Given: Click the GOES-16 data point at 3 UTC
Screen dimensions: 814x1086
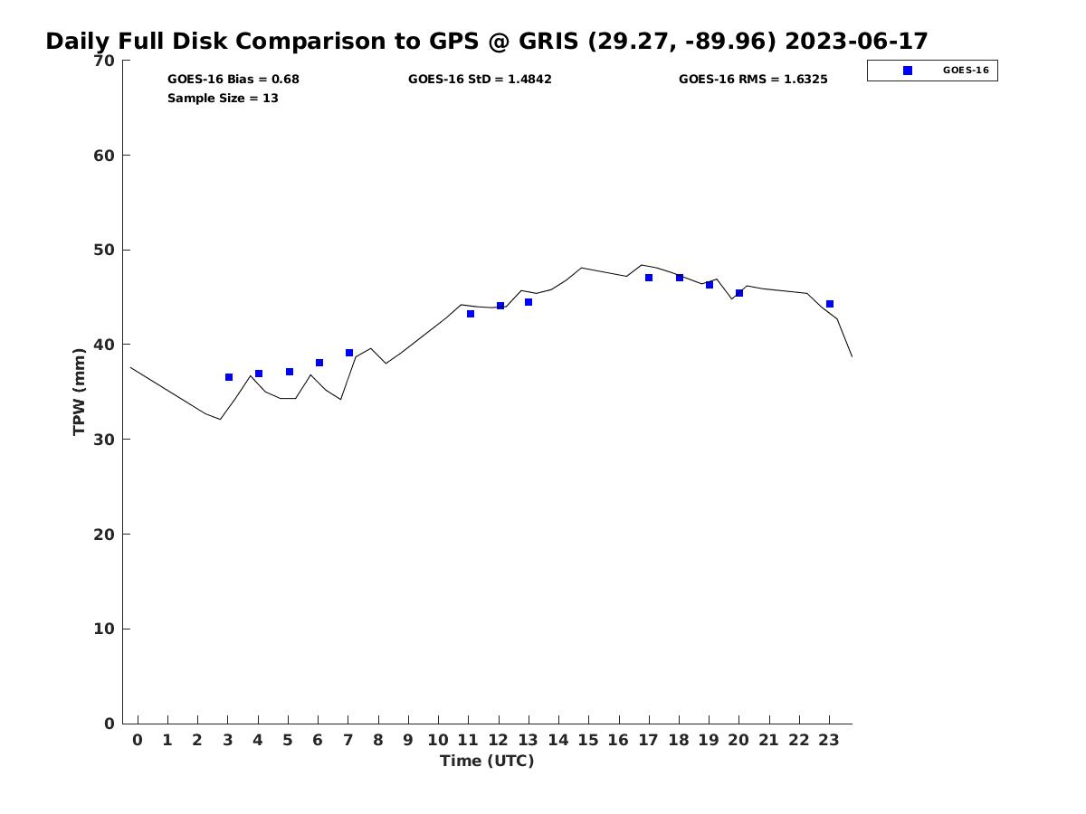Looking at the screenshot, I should click(229, 377).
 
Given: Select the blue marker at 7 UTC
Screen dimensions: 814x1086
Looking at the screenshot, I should click(349, 353).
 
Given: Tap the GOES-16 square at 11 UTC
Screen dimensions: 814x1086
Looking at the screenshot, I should click(471, 314).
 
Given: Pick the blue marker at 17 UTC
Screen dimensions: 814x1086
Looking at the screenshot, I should click(649, 278).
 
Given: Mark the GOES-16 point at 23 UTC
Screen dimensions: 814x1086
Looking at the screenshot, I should click(830, 304).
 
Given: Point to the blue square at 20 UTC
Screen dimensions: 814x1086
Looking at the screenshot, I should click(739, 293).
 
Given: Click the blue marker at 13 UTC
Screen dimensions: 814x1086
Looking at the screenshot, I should click(529, 302).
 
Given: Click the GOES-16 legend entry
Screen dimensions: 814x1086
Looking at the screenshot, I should click(932, 71).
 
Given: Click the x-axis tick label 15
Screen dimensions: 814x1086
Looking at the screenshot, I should click(588, 741).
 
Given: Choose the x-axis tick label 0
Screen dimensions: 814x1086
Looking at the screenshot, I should click(138, 741).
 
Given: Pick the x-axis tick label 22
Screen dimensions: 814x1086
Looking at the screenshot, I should click(798, 741).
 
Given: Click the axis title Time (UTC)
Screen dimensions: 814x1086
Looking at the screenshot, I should click(487, 762).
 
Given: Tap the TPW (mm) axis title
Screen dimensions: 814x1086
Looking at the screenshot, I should click(80, 392).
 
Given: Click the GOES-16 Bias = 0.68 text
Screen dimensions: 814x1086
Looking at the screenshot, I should click(233, 80).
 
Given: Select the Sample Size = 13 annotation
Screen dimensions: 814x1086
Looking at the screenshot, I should click(223, 99).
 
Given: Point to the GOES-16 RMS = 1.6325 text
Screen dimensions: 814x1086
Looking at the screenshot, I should click(753, 80).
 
